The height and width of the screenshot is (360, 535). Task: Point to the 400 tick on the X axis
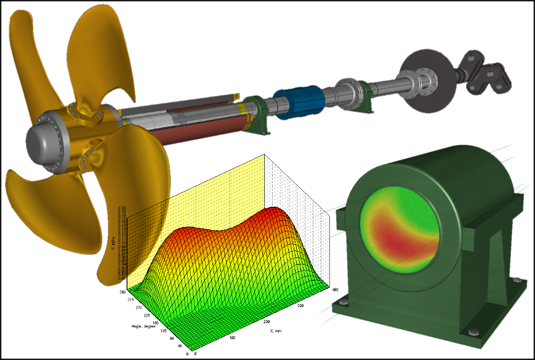[x=335, y=289]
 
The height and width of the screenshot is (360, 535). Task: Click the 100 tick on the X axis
[x=233, y=337]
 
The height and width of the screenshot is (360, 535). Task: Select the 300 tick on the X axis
[x=301, y=305]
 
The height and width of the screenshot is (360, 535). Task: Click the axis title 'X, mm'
[x=278, y=331]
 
